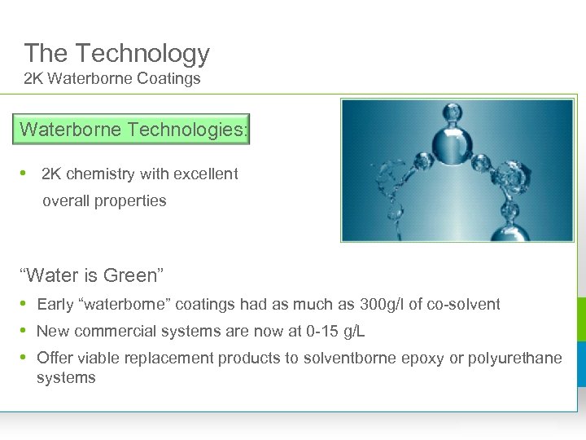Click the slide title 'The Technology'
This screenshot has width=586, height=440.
[116, 54]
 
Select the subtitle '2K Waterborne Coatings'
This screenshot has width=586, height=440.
[112, 79]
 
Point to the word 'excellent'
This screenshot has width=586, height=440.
[207, 174]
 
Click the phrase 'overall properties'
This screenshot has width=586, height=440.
[104, 200]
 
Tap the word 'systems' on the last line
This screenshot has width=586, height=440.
[66, 377]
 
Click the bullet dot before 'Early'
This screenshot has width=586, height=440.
[24, 304]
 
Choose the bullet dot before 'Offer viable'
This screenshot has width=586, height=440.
[24, 358]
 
